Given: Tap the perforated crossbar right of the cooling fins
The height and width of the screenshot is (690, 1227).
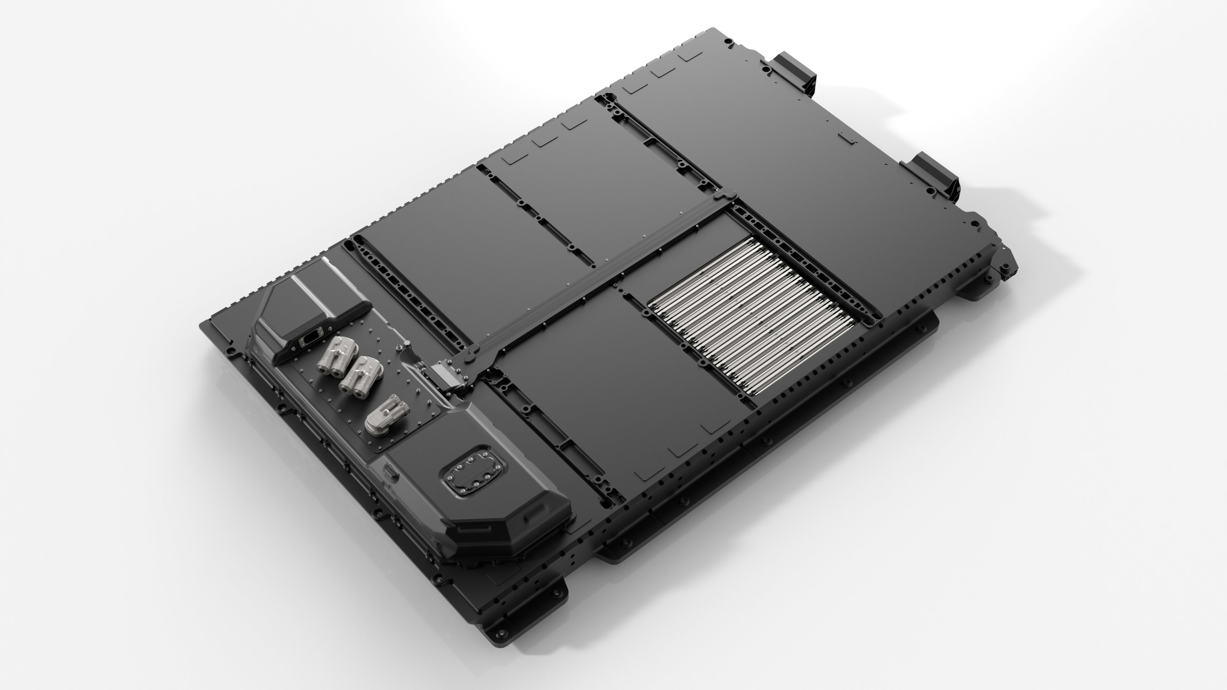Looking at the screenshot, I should pyautogui.click(x=805, y=267).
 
